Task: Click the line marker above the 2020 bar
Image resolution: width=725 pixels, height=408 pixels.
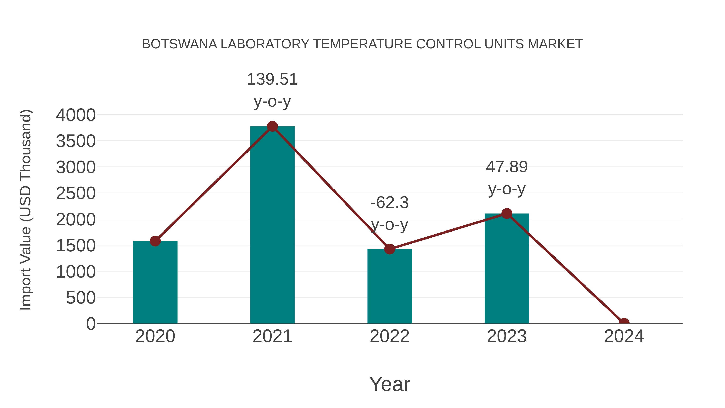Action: [x=155, y=241]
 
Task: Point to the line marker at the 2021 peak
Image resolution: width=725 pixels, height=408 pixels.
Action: [x=272, y=126]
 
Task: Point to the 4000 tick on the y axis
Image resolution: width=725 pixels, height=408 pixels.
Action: [x=76, y=115]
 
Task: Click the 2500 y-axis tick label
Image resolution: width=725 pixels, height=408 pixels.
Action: [x=76, y=193]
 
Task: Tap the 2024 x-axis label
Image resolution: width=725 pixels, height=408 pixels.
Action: [x=624, y=336]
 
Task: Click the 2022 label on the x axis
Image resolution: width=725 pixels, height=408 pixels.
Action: [x=389, y=336]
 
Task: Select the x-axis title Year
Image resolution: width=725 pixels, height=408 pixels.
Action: [x=389, y=384]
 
